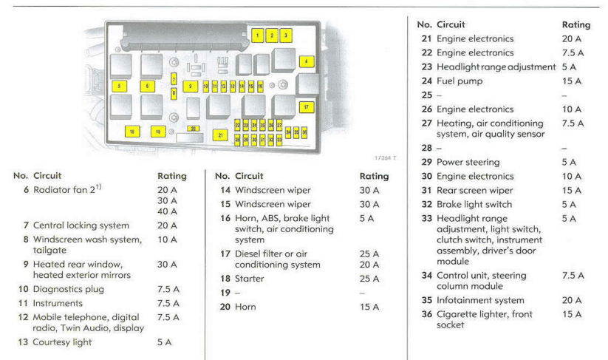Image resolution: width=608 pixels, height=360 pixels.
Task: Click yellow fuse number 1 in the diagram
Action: pos(258,35)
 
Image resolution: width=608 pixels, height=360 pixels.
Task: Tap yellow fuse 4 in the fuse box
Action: pos(307,61)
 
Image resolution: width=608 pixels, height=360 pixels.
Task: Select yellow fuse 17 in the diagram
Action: pos(307,107)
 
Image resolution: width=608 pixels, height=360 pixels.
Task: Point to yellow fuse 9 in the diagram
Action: pos(190,86)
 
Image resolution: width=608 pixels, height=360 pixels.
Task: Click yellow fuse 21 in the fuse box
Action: pos(220,135)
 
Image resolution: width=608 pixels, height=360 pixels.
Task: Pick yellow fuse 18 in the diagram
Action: pos(132,132)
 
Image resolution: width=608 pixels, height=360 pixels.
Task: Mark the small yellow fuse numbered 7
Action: pos(174,79)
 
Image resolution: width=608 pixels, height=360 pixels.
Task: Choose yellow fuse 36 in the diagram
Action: pos(304,132)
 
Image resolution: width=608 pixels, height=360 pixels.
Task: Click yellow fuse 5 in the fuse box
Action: pos(120,86)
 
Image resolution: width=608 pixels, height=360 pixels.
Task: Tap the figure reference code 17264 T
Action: pos(385,158)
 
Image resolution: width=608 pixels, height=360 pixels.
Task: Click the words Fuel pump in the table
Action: pos(460,81)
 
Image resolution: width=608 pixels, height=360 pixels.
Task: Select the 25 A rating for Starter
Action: pos(369,279)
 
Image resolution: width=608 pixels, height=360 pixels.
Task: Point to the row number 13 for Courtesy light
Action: pos(23,342)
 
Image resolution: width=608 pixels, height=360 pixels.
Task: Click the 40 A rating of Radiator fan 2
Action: pos(167,211)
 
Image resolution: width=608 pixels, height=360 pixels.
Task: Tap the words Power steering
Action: pos(468,162)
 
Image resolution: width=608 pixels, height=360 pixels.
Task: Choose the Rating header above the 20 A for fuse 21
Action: pos(576,25)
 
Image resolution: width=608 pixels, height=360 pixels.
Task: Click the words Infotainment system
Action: pos(480,300)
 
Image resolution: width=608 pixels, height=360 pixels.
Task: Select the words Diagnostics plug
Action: pos(69,289)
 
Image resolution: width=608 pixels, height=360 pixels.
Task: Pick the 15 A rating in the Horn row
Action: pos(369,307)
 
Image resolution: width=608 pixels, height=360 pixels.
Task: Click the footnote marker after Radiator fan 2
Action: pos(98,187)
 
